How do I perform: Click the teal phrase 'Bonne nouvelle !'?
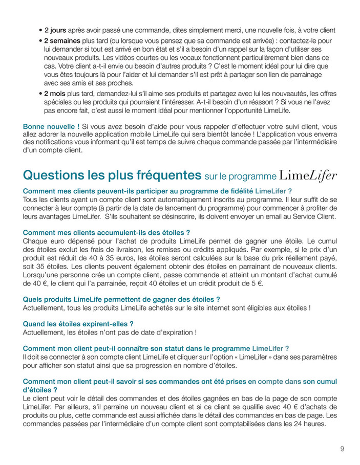(x=51, y=126)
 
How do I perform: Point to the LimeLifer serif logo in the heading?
(x=308, y=176)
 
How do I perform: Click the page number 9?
(x=342, y=449)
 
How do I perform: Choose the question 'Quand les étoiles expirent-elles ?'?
(x=78, y=324)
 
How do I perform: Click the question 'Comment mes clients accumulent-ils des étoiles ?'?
(x=107, y=232)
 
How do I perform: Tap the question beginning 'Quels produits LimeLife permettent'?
(x=121, y=299)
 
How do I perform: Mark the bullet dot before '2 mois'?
(x=40, y=94)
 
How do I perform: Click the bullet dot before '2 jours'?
(x=40, y=31)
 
